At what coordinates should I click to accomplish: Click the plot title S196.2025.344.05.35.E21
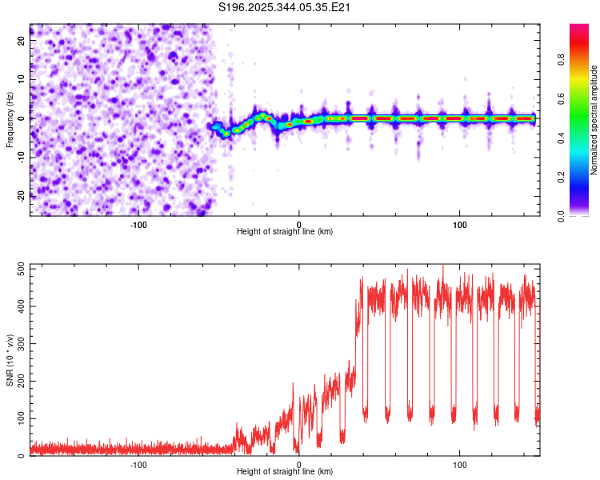[284, 7]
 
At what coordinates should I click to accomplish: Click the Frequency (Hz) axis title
[10, 120]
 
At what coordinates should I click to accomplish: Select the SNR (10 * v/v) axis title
[10, 360]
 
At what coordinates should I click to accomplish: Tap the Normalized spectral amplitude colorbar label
[594, 120]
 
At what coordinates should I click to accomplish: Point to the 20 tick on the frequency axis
[22, 40]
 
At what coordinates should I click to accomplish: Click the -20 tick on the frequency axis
[22, 196]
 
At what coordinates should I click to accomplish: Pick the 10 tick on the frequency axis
[22, 79]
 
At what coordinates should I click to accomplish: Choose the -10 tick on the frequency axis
[22, 158]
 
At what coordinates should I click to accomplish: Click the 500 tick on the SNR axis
[22, 269]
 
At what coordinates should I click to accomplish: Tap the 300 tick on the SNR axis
[22, 344]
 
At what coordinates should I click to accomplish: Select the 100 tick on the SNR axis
[22, 418]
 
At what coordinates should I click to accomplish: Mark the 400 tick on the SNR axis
[22, 306]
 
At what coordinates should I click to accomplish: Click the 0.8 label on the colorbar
[561, 60]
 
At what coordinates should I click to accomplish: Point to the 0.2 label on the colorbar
[561, 178]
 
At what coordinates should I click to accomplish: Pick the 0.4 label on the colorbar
[561, 138]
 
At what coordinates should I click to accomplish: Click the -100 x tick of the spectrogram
[138, 225]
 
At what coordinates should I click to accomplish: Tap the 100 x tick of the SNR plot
[459, 465]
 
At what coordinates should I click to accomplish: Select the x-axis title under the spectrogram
[285, 231]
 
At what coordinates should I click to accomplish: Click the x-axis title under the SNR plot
[285, 471]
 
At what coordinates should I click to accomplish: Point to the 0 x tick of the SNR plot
[299, 465]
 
